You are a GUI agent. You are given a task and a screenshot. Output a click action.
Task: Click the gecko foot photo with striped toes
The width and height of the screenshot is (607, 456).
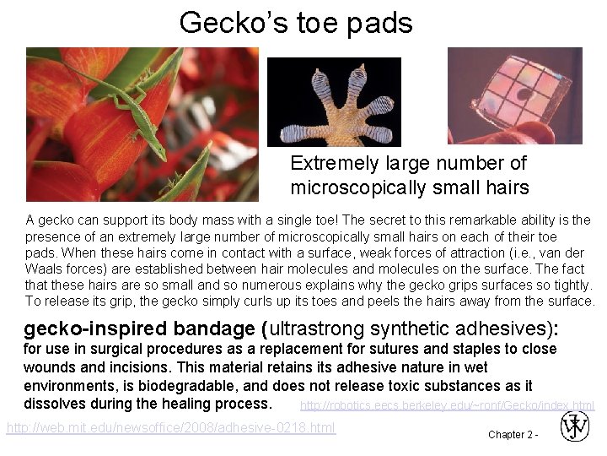click(334, 102)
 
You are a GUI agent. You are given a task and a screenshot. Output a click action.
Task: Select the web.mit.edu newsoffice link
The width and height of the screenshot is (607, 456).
click(171, 428)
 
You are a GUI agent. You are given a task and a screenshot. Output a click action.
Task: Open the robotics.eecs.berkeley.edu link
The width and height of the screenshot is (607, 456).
click(447, 405)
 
